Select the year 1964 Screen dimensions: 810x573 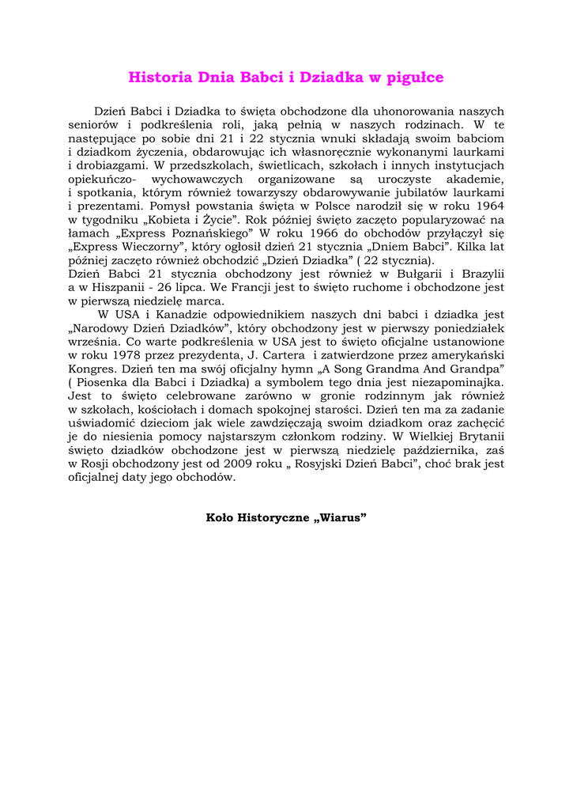tap(487, 206)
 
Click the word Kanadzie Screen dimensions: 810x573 tap(179, 315)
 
